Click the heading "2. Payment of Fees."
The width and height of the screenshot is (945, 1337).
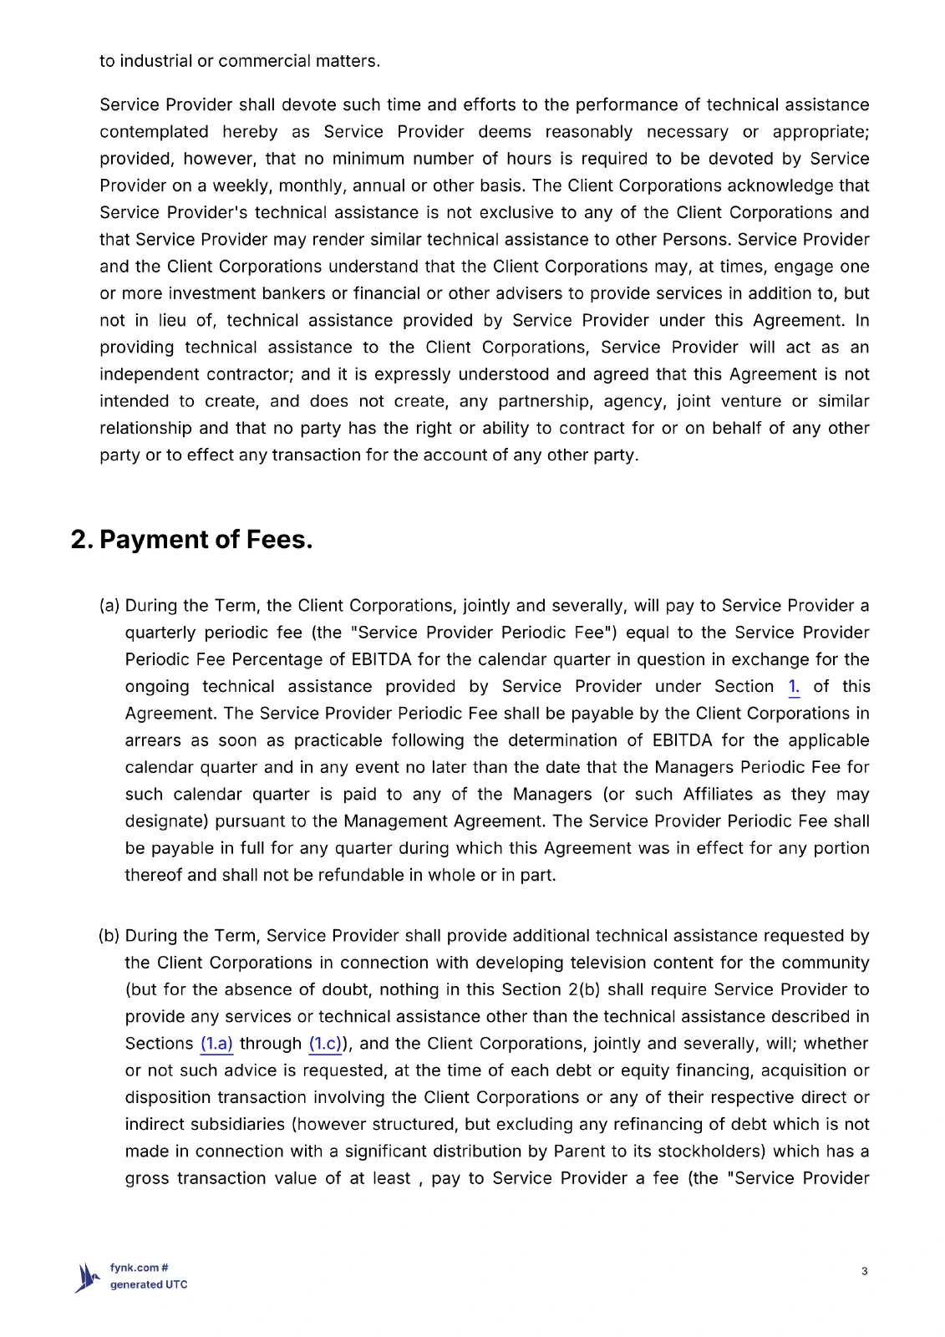click(191, 540)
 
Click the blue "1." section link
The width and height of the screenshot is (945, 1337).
click(794, 687)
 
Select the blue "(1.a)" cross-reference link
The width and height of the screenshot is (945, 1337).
click(216, 1044)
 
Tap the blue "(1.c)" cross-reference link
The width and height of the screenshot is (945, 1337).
click(325, 1044)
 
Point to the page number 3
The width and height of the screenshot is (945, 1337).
click(864, 1271)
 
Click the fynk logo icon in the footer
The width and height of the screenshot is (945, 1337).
click(87, 1278)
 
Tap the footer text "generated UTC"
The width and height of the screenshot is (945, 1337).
click(149, 1285)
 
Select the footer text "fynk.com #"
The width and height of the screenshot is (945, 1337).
click(140, 1268)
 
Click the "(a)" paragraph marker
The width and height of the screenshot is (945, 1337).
click(109, 606)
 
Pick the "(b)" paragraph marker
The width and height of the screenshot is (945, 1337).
click(109, 936)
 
